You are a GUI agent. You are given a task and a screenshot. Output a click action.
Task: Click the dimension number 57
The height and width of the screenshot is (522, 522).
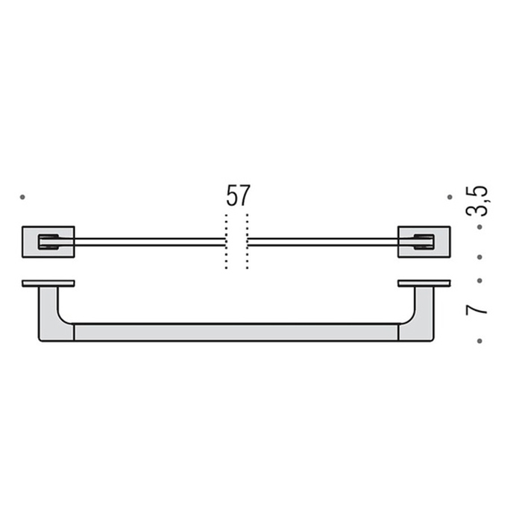(x=238, y=196)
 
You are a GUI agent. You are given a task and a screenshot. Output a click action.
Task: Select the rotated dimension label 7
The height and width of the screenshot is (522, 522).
(x=477, y=307)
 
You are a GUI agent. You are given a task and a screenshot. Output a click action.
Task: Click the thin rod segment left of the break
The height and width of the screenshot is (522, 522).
(x=149, y=241)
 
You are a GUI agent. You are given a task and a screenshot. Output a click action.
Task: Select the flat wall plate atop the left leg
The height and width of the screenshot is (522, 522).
(x=48, y=283)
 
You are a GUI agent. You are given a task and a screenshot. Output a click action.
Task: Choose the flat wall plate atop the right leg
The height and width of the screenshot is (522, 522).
(x=424, y=283)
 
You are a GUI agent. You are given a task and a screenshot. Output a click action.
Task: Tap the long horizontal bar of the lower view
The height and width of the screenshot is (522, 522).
(x=236, y=332)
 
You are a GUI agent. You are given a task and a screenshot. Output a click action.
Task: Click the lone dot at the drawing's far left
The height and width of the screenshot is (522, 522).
(x=23, y=197)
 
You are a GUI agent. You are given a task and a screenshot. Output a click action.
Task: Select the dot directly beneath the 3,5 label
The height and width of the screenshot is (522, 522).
(x=479, y=225)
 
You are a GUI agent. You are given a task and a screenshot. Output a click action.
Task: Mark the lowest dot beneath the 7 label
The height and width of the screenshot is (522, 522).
(x=479, y=341)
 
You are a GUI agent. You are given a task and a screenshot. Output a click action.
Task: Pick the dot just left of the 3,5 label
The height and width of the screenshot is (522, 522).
(x=450, y=197)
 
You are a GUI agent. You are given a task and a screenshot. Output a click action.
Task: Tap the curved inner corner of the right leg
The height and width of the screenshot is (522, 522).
(x=407, y=319)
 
